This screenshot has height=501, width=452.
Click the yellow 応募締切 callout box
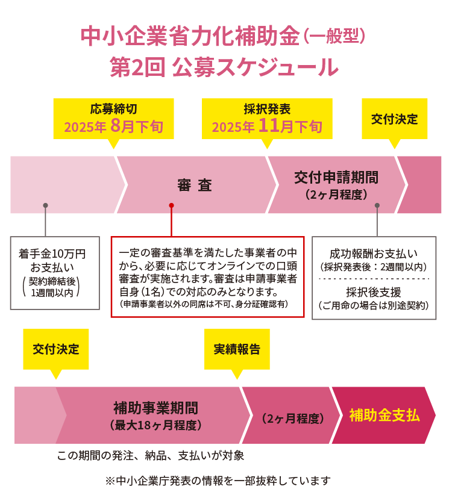click(113, 119)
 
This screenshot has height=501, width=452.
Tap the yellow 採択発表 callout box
click(267, 119)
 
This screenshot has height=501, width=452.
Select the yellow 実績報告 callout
click(237, 349)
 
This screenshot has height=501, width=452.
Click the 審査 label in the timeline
click(195, 185)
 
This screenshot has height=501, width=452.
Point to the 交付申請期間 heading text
click(336, 177)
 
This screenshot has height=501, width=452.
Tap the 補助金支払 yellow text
click(384, 415)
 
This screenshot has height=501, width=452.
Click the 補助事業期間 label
click(155, 408)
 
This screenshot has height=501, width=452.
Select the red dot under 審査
click(172, 205)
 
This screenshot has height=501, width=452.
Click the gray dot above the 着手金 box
click(45, 205)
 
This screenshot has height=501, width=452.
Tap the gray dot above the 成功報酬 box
click(377, 205)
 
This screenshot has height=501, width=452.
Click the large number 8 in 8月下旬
click(116, 126)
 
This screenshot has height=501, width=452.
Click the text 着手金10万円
click(52, 254)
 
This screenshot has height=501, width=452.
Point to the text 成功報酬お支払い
click(374, 254)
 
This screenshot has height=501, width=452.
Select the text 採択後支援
click(374, 292)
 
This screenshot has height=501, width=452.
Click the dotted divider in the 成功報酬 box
click(374, 279)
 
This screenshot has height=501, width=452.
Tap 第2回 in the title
click(137, 67)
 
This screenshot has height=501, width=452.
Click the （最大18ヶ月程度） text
click(155, 425)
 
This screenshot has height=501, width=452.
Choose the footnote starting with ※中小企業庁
click(218, 481)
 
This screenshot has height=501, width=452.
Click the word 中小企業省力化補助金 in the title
click(190, 36)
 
